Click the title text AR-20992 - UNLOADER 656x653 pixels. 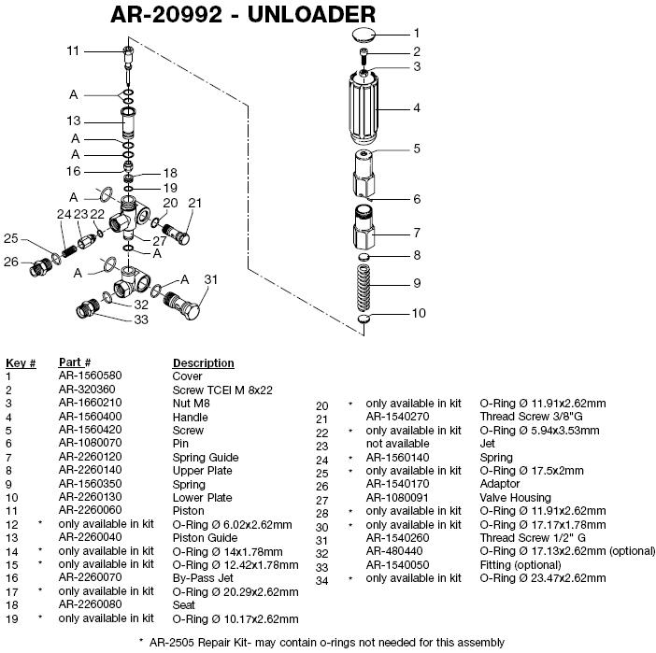pos(243,15)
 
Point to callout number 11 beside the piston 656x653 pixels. pos(74,50)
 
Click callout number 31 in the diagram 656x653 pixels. pos(211,279)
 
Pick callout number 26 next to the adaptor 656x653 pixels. pos(11,262)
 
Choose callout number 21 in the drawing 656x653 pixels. pos(194,203)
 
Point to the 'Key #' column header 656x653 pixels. pos(21,362)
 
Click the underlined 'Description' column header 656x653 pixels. pos(203,362)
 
